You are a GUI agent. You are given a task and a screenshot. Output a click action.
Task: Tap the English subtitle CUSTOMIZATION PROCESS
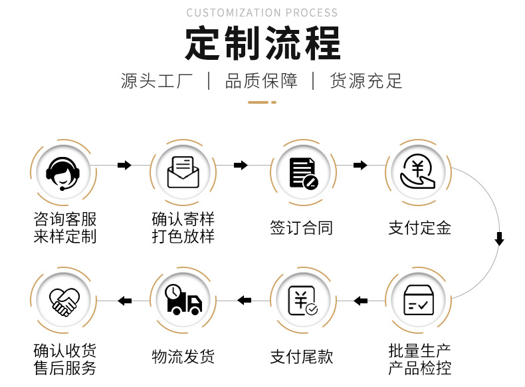262,13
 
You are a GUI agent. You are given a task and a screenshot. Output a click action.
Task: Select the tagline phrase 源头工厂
157,81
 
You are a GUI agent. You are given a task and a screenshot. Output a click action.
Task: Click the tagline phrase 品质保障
262,81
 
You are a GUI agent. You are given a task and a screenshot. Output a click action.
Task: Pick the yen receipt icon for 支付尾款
303,301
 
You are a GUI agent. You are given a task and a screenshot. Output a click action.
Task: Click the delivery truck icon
183,301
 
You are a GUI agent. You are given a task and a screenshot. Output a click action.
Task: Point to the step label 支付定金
420,228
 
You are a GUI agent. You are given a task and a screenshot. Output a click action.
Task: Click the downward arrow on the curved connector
499,239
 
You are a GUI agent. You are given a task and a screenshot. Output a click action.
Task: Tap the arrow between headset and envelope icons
124,165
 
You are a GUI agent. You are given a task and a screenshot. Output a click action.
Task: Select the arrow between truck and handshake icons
124,301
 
